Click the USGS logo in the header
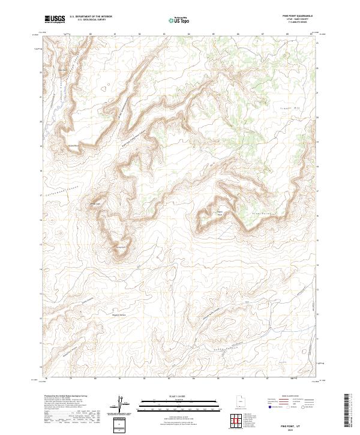[55, 20]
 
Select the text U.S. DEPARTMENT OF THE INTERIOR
[91, 17]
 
